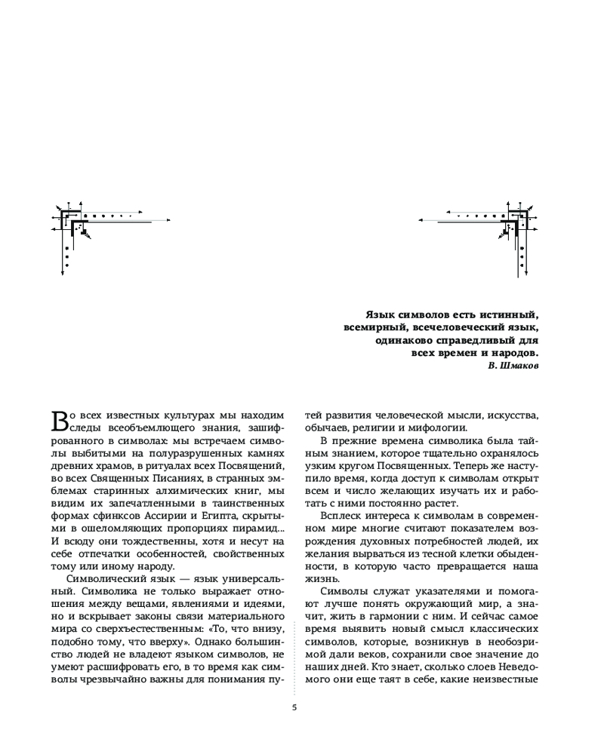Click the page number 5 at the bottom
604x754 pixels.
tap(294, 707)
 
